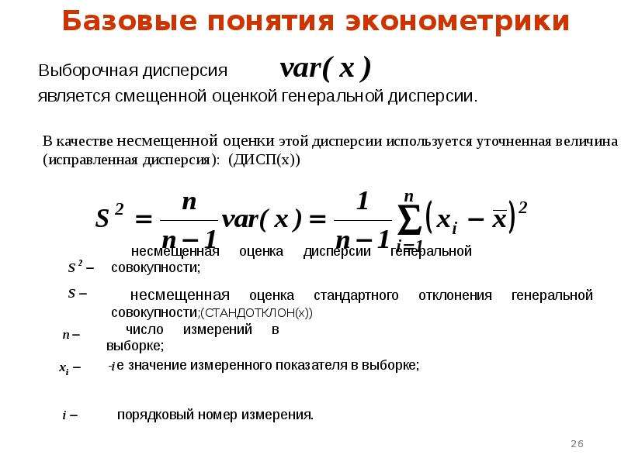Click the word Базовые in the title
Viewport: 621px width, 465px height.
pyautogui.click(x=130, y=21)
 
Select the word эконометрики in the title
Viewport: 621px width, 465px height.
pyautogui.click(x=457, y=22)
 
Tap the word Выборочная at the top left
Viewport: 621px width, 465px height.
pyautogui.click(x=88, y=71)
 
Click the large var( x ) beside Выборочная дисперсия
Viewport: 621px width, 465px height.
pyautogui.click(x=325, y=68)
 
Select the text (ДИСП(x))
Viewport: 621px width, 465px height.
pyautogui.click(x=264, y=160)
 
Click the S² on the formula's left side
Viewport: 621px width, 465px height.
pyautogui.click(x=109, y=216)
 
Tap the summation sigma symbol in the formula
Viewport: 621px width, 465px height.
pyautogui.click(x=409, y=219)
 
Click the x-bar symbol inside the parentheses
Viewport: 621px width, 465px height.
pyautogui.click(x=499, y=219)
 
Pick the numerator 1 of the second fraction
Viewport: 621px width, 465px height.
pyautogui.click(x=363, y=201)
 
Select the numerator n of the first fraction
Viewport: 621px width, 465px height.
pyautogui.click(x=189, y=202)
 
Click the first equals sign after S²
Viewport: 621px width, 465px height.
pyautogui.click(x=144, y=219)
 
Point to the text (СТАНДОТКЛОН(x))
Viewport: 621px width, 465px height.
pyautogui.click(x=257, y=313)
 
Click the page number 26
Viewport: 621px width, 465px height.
pyautogui.click(x=577, y=443)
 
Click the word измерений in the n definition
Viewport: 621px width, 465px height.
pyautogui.click(x=217, y=329)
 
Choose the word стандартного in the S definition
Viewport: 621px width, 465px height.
pyautogui.click(x=356, y=295)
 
